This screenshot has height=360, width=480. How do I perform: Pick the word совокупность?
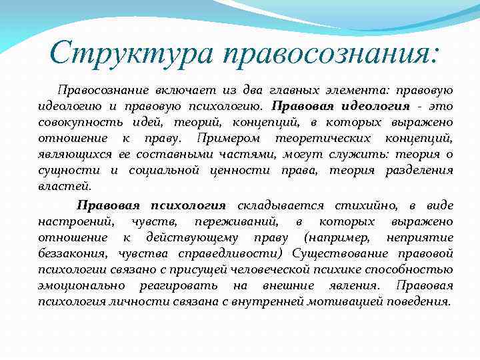[x=75, y=122]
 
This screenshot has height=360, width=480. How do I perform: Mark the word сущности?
[x=65, y=170]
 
